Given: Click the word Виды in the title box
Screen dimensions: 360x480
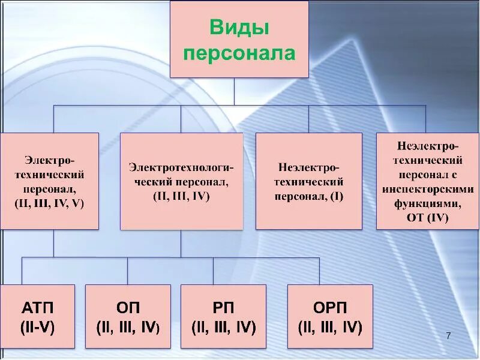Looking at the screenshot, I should tap(239, 28).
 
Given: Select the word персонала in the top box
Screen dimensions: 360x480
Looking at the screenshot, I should tap(239, 53).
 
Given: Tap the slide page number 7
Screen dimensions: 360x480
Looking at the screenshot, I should tap(448, 334).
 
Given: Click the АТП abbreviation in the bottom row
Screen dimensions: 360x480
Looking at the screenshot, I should tap(38, 308).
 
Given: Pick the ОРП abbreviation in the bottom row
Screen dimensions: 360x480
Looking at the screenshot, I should tap(330, 308).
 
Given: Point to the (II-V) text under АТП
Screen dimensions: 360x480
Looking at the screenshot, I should tap(38, 328).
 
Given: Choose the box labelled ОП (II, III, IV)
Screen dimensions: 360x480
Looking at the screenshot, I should tap(128, 316).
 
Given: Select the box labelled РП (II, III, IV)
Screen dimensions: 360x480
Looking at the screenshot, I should tap(223, 316).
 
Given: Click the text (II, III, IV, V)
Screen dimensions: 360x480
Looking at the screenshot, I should tap(49, 203).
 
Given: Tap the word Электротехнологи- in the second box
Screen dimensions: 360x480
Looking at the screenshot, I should tap(181, 167).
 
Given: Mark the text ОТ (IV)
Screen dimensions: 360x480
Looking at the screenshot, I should tap(427, 217).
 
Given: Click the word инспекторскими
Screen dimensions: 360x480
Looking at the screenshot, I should tap(428, 189).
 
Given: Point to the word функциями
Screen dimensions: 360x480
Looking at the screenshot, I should tap(427, 203).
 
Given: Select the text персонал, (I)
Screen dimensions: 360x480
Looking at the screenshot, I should tap(308, 196).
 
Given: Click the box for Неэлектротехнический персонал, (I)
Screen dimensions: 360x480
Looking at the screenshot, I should tap(308, 181).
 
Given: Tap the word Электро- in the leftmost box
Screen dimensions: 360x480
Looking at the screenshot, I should tap(50, 160).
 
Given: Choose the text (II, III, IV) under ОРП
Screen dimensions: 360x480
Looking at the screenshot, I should tap(330, 328).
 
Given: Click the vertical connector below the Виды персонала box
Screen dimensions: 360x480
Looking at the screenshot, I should tap(235, 92).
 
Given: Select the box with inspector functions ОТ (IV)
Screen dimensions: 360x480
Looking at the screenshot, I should tap(427, 181).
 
